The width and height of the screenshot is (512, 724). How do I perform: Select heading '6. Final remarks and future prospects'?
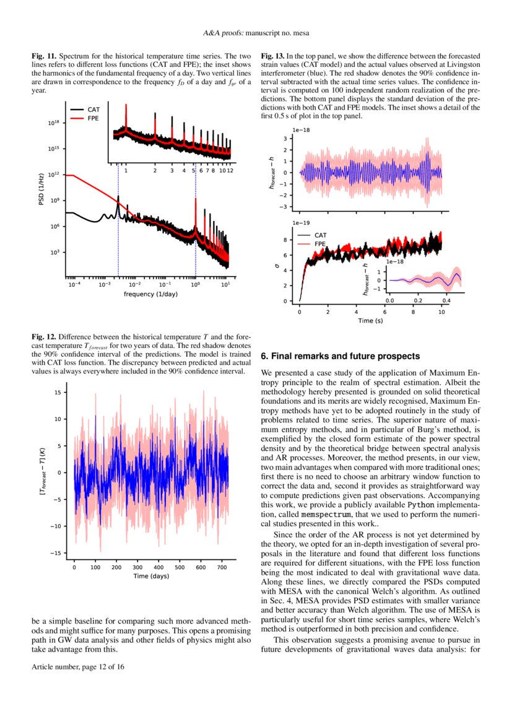click(341, 357)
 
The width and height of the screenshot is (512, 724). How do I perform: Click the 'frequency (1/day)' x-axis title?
click(150, 294)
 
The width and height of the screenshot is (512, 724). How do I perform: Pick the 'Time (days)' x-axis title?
click(150, 576)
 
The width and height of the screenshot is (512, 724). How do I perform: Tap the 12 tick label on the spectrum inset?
click(230, 170)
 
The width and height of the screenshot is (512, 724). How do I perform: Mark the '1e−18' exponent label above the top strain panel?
click(302, 130)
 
